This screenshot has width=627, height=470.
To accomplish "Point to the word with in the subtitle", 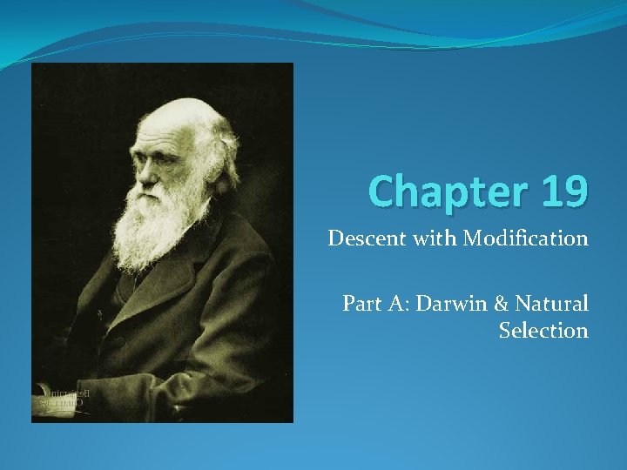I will pos(435,238).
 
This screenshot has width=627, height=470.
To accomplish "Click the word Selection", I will pos(543,331).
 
